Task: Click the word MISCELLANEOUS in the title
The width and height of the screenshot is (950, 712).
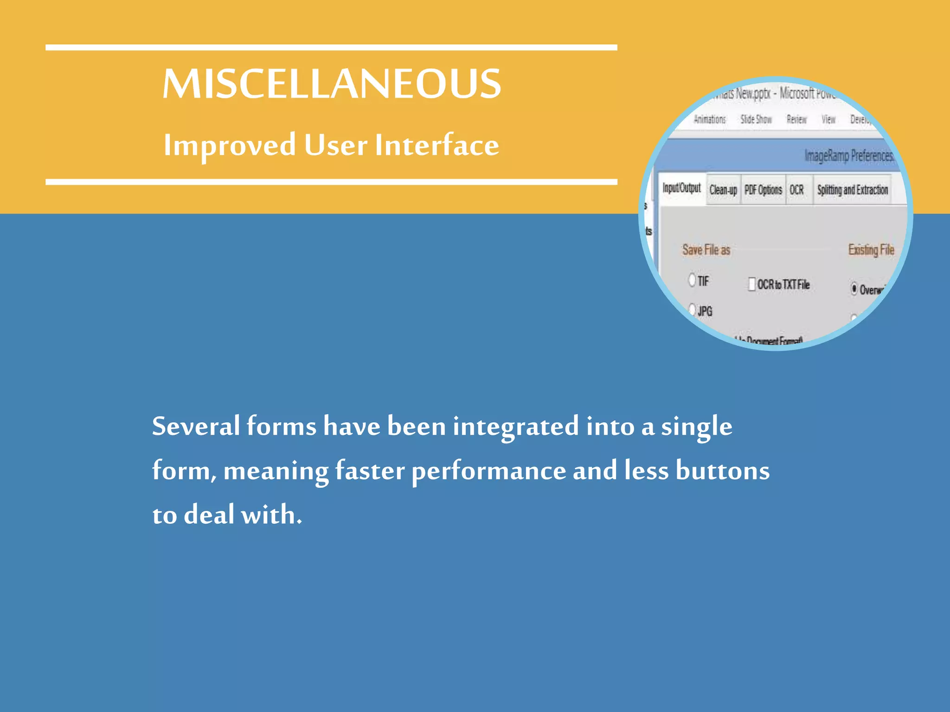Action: [332, 84]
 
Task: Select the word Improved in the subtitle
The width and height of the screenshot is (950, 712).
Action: [230, 145]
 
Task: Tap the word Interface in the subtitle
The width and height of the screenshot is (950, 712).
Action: [437, 145]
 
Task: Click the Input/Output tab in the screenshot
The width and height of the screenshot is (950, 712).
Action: [681, 188]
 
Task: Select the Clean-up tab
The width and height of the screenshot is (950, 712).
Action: [723, 190]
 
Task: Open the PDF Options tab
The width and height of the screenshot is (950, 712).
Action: [763, 190]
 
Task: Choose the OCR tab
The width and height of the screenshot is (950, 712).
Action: [797, 190]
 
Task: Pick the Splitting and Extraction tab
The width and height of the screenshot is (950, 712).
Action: [853, 190]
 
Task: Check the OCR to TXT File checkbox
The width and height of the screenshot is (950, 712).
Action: [752, 284]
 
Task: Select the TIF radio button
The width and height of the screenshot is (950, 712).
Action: [692, 280]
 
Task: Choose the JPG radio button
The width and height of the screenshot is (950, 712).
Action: [692, 310]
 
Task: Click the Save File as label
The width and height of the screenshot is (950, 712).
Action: [706, 250]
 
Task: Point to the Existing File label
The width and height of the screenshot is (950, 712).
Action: [871, 250]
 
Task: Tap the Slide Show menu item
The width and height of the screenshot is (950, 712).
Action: [756, 120]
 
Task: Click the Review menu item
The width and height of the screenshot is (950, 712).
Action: [796, 120]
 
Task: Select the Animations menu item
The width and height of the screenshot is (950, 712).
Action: [710, 120]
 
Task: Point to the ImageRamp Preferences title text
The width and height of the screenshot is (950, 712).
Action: [849, 156]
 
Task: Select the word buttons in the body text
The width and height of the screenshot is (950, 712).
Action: [722, 471]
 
